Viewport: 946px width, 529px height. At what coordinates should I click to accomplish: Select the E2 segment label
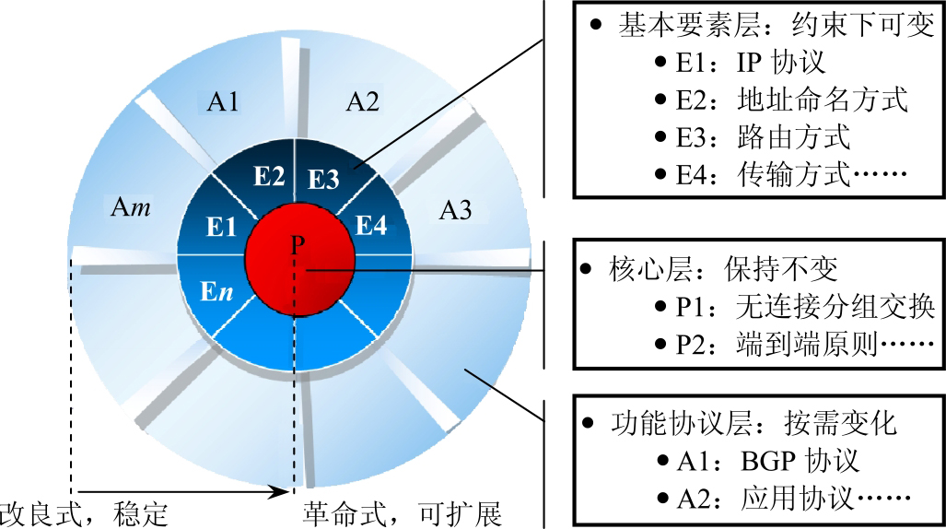pos(268,177)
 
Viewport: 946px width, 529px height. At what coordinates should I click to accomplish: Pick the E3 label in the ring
pos(322,178)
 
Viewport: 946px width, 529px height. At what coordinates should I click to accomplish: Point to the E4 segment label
pos(371,226)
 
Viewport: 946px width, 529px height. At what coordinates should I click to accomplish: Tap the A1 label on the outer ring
pos(223,101)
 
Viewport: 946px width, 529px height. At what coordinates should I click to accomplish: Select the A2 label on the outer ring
pos(362,101)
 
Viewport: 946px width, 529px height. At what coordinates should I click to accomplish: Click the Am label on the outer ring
pos(131,206)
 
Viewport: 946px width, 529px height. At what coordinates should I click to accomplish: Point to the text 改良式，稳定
pos(85,512)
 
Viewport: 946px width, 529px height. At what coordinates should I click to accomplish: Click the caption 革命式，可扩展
pos(402,512)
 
